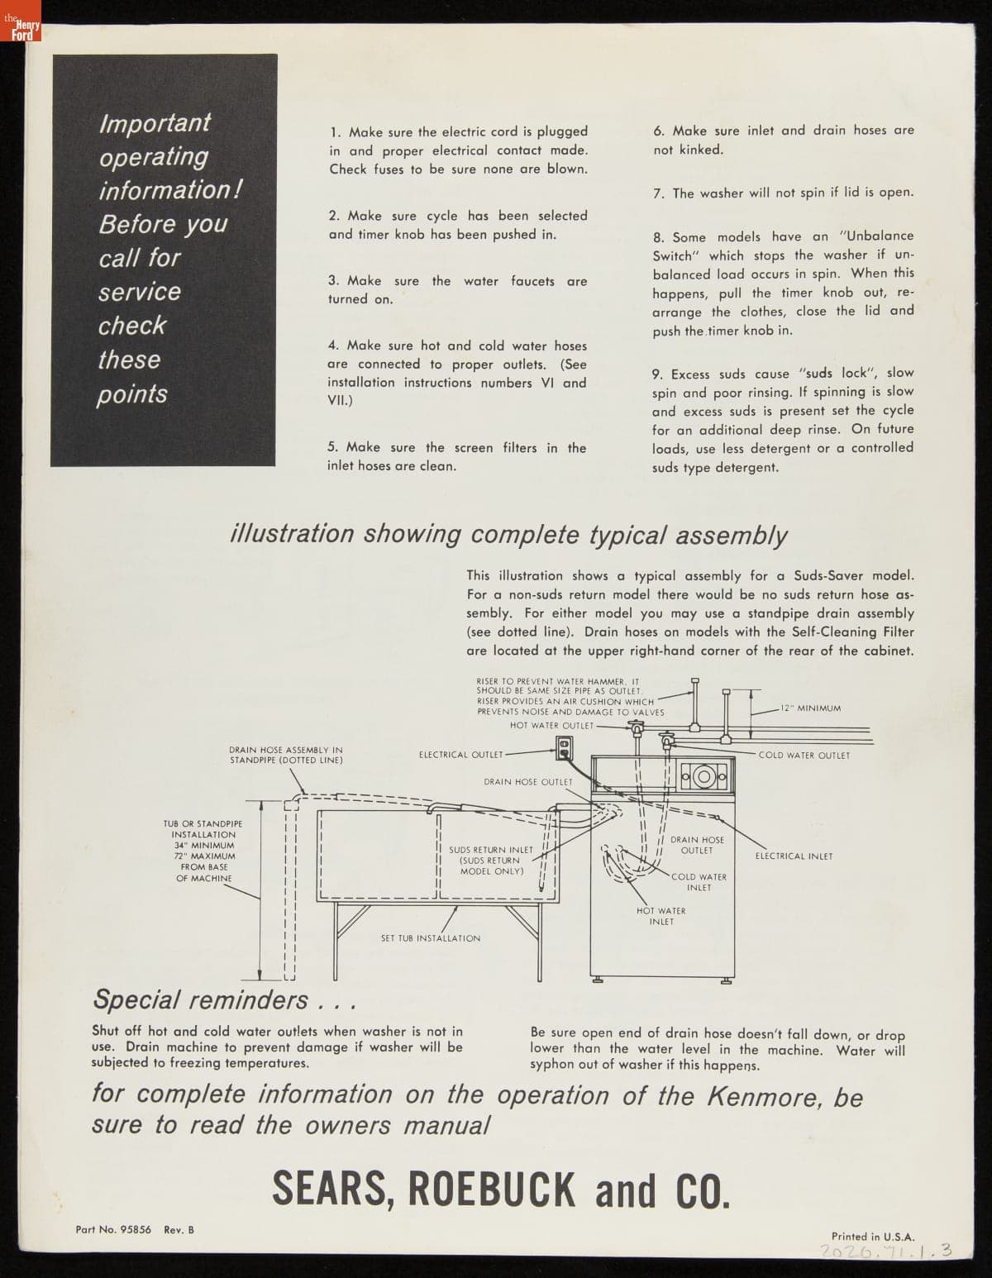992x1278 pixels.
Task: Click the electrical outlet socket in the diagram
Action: pos(565,748)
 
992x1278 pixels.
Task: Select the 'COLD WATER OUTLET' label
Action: pos(804,756)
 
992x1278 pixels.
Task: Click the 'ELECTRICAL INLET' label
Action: pos(794,856)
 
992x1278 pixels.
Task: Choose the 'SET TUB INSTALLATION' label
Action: pos(430,938)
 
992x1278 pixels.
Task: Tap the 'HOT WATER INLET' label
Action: pos(661,916)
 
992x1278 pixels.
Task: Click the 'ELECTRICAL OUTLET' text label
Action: pos(460,755)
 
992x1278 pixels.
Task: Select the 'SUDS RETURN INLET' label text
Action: pos(491,850)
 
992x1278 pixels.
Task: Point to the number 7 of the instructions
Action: pos(659,193)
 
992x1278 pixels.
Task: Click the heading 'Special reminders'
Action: pos(201,999)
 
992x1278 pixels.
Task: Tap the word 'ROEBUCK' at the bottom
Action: pos(494,1190)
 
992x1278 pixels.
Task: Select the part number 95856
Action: pos(136,1230)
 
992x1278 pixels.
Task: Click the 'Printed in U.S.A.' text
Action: pos(873,1237)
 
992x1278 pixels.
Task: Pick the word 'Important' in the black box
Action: pos(155,123)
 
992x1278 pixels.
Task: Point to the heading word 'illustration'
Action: pos(291,534)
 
